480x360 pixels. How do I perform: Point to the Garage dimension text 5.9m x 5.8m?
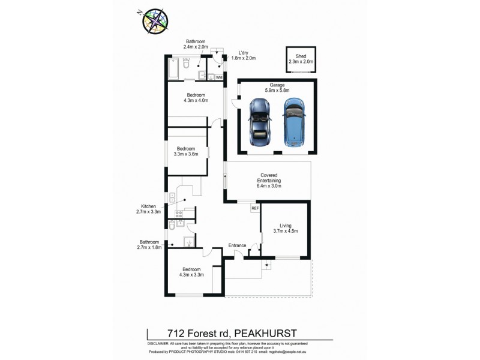pyautogui.click(x=277, y=91)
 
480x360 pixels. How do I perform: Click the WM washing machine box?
pyautogui.click(x=219, y=77)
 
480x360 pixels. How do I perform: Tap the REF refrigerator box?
pyautogui.click(x=254, y=208)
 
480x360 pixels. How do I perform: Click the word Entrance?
pyautogui.click(x=239, y=245)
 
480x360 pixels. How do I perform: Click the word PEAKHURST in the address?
pyautogui.click(x=266, y=332)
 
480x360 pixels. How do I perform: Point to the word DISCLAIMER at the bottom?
pyautogui.click(x=158, y=341)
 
